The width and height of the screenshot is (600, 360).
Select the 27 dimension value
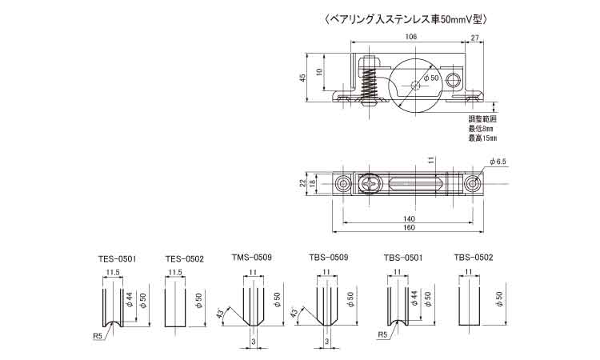474,37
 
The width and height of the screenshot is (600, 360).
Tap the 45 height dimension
302,78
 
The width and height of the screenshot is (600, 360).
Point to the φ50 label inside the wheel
430,78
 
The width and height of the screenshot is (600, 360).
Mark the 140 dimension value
409,219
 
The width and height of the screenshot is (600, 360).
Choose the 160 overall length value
409,228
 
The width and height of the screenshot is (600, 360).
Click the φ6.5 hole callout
498,162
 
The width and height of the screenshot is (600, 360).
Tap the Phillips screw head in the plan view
370,184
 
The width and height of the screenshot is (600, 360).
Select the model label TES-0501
117,259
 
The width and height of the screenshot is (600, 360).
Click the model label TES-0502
185,259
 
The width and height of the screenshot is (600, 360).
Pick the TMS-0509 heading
252,257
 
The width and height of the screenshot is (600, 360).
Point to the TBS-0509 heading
328,257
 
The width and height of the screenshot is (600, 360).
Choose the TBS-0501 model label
403,258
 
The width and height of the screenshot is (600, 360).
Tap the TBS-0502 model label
474,257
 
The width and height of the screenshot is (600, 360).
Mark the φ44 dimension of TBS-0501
414,298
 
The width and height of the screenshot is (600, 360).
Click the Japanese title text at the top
406,19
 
